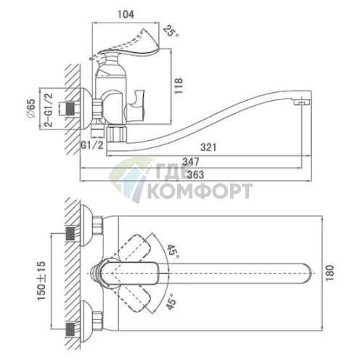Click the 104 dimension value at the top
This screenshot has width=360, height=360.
coord(126,15)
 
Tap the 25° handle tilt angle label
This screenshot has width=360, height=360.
coord(171,31)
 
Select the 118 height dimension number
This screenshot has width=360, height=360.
coord(179,86)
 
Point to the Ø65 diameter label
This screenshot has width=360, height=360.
coord(31,108)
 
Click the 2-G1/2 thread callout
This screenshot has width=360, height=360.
coord(49,110)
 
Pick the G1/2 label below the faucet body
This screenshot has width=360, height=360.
coord(92,145)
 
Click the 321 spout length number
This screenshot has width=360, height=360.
coord(208,147)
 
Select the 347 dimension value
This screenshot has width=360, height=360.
coord(191,162)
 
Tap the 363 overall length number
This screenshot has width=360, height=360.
coord(196,174)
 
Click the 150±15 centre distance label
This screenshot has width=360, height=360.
coord(41,281)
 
